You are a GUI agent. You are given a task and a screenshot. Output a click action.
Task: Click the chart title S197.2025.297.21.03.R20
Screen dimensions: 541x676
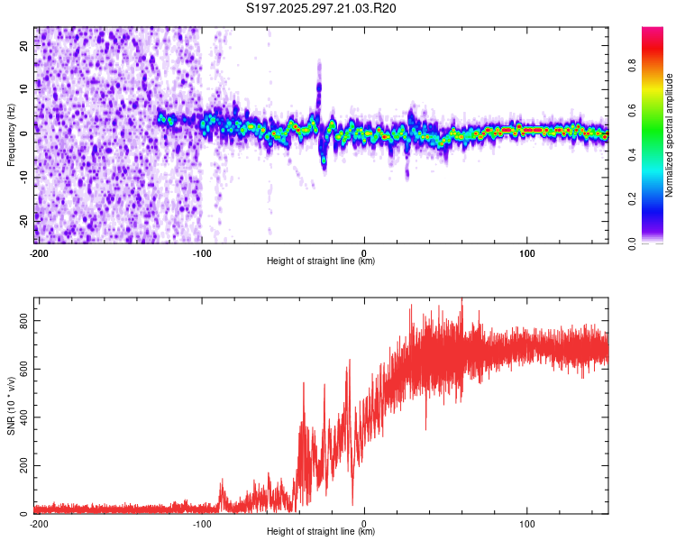pyautogui.click(x=322, y=8)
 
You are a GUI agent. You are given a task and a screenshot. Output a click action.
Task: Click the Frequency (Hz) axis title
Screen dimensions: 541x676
pyautogui.click(x=10, y=135)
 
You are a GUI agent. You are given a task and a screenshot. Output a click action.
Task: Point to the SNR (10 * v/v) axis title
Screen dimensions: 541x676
pyautogui.click(x=10, y=405)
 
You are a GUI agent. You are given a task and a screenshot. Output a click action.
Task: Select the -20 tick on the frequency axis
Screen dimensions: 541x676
pyautogui.click(x=23, y=218)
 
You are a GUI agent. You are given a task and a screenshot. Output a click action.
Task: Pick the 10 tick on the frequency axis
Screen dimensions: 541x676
pyautogui.click(x=24, y=89)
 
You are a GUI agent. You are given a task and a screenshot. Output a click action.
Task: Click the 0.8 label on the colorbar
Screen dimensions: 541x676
pyautogui.click(x=658, y=65)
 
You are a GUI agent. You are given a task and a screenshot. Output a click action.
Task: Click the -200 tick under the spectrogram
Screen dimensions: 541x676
pyautogui.click(x=38, y=252)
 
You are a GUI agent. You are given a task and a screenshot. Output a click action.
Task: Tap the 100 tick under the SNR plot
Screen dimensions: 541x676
pyautogui.click(x=527, y=523)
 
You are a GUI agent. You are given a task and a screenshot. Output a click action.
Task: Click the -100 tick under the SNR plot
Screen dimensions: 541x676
pyautogui.click(x=201, y=523)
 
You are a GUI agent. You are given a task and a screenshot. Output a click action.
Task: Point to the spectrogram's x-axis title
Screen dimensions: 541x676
pyautogui.click(x=321, y=261)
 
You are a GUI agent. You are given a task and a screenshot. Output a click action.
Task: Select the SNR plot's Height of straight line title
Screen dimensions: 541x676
pyautogui.click(x=321, y=532)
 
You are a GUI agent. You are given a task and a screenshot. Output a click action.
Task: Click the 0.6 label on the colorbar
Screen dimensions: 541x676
pyautogui.click(x=658, y=109)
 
